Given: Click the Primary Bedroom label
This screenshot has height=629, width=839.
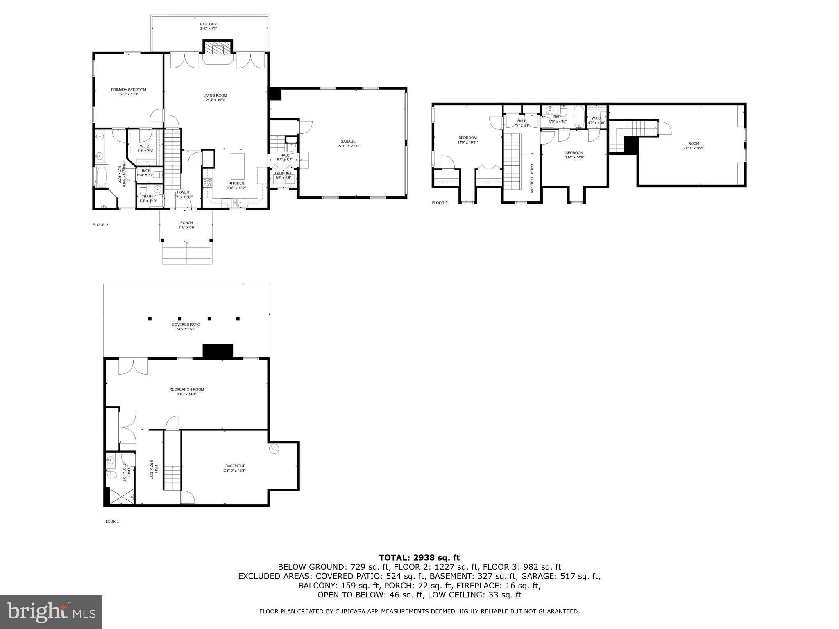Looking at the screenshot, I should [x=128, y=92].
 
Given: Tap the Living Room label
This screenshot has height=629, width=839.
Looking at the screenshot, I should [x=215, y=97].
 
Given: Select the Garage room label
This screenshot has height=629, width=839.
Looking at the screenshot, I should [x=348, y=143].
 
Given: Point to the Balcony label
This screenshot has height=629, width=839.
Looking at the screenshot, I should [x=208, y=26].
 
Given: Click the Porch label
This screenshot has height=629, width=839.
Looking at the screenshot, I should [x=186, y=225].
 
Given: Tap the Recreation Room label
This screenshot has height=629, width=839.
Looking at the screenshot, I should [x=186, y=391].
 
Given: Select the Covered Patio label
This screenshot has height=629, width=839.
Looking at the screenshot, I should [x=186, y=326].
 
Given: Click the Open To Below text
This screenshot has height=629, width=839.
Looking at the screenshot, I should [x=531, y=179].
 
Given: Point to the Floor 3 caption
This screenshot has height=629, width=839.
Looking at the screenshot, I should [x=440, y=203].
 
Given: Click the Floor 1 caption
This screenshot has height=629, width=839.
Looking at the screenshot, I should [x=111, y=521].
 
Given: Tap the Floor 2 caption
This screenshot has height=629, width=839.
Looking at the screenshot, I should [x=100, y=225].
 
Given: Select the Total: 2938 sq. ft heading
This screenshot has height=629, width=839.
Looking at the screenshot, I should [x=419, y=557].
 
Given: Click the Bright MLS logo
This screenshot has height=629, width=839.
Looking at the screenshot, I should [x=51, y=612].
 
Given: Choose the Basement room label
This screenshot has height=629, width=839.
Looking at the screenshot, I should [x=235, y=468].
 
